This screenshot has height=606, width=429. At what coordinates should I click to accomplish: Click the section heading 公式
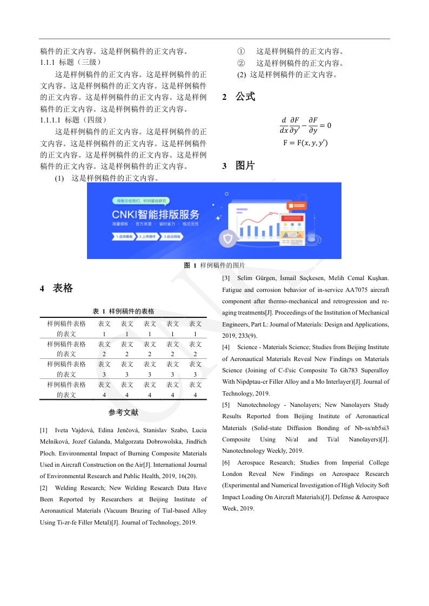[x=245, y=97]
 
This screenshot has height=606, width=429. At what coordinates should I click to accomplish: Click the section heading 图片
[x=245, y=166]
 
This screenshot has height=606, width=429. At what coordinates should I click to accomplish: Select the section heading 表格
[x=63, y=288]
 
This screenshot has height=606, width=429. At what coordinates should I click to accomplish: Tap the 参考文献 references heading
[x=123, y=413]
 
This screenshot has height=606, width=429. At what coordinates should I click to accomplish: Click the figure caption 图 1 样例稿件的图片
[x=214, y=265]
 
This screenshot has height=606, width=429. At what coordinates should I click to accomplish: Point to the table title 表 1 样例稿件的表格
[x=123, y=311]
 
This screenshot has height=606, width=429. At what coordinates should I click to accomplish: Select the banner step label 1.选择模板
[x=124, y=236]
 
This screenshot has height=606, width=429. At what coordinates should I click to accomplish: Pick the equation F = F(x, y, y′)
[x=305, y=143]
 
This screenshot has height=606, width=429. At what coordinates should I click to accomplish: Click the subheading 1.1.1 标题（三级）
[x=71, y=63]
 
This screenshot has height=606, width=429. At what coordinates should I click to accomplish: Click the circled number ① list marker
[x=241, y=52]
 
